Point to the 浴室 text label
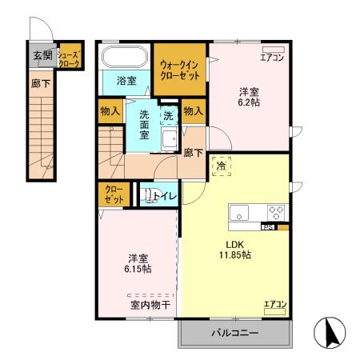click(126, 81)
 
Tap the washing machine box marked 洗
click(168, 115)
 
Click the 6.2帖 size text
click(249, 103)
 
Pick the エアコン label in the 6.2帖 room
click(272, 57)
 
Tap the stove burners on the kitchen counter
click(275, 213)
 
